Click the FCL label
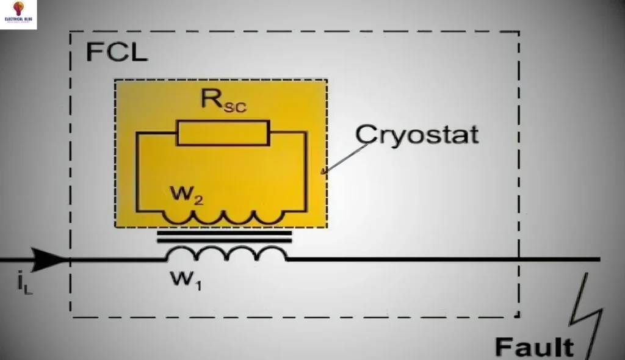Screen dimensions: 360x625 [117, 52]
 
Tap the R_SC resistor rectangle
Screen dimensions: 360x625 [223, 132]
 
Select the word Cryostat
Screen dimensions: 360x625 [417, 134]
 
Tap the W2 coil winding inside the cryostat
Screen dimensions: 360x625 [223, 216]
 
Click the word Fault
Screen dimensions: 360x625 [534, 347]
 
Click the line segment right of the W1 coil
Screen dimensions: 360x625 [427, 259]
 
